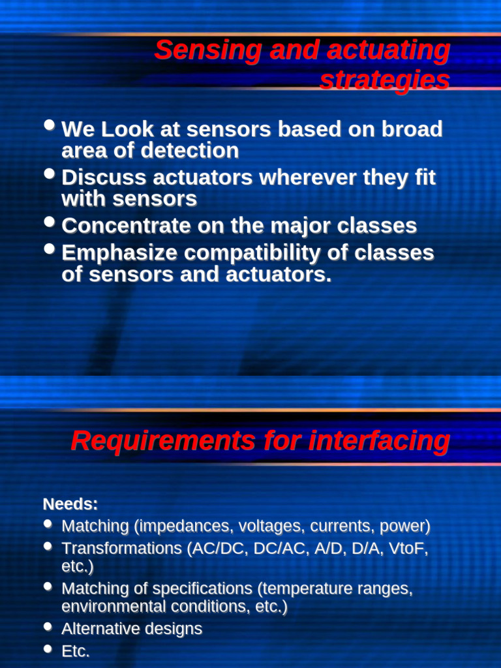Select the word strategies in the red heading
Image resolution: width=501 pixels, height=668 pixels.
click(384, 80)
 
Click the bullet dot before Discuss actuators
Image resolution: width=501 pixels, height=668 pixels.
click(50, 174)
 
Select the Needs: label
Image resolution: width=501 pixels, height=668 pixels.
click(70, 504)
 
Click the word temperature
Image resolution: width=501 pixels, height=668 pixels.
click(310, 588)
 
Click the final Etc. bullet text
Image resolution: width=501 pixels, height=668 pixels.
click(76, 651)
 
